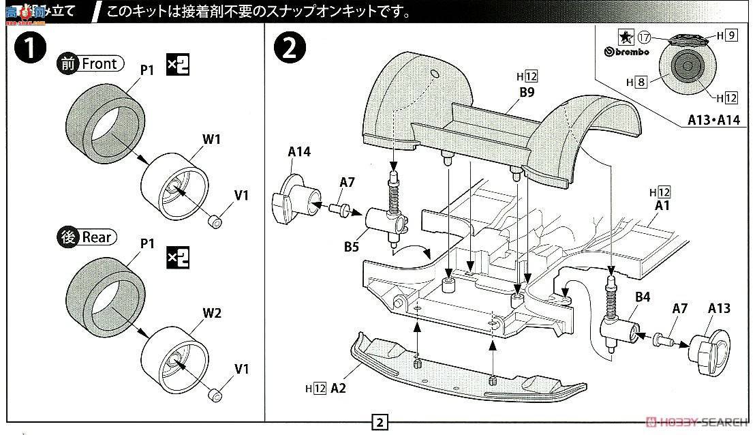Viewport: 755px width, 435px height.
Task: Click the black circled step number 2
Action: pyautogui.click(x=289, y=49)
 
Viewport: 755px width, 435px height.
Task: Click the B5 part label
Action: pyautogui.click(x=351, y=247)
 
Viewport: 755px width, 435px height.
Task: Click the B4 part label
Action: pyautogui.click(x=643, y=297)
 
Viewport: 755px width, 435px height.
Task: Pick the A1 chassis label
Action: pyautogui.click(x=663, y=205)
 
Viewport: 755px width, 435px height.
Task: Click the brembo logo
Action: pyautogui.click(x=628, y=52)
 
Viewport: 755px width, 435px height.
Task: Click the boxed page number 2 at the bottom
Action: pyautogui.click(x=379, y=421)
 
